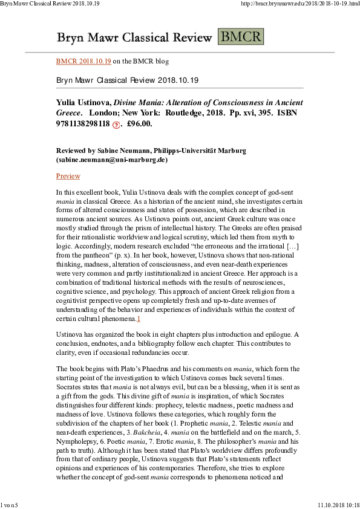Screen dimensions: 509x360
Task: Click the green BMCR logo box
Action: pos(240,36)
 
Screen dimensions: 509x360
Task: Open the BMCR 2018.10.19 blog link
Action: pos(83,61)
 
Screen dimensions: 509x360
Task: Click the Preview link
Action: pos(68,176)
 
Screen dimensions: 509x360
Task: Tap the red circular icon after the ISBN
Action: pos(116,125)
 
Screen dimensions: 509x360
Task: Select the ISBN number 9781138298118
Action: pos(83,124)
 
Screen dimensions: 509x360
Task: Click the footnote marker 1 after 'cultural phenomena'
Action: pos(138,318)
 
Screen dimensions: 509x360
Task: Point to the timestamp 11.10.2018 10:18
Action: pos(338,504)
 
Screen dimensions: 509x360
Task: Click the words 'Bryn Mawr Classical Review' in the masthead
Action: pos(134,37)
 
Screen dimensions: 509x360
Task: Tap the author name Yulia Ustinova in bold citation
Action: pos(85,103)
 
